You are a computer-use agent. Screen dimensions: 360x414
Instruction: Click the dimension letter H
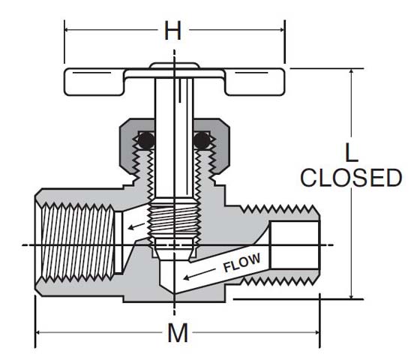[x=173, y=31]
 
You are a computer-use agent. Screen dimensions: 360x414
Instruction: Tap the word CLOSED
[x=351, y=178]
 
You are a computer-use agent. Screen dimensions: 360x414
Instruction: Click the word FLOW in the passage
[x=241, y=264]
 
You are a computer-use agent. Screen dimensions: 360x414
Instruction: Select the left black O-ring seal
[x=145, y=140]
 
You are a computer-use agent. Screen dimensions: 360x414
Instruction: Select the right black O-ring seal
[x=201, y=140]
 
